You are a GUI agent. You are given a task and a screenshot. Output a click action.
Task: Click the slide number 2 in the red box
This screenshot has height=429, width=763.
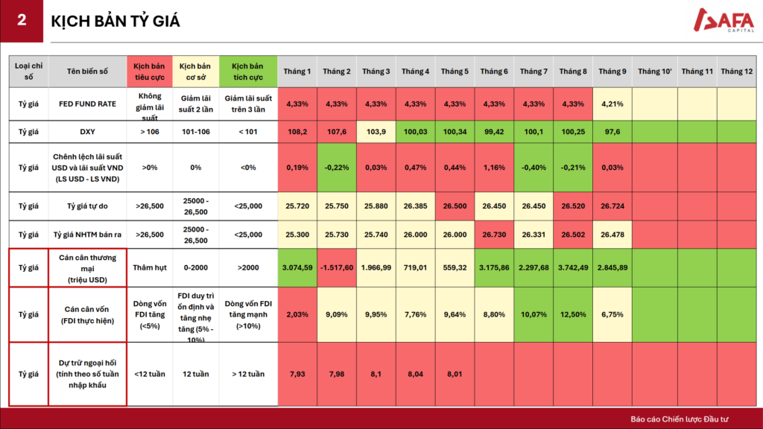(x=22, y=20)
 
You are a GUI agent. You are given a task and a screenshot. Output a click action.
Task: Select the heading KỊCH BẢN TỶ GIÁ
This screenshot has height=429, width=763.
(x=115, y=21)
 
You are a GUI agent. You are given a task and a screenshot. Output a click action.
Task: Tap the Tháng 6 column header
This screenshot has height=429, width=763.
(x=494, y=71)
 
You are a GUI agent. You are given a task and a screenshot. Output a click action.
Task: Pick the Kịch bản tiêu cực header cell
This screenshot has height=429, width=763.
(x=149, y=71)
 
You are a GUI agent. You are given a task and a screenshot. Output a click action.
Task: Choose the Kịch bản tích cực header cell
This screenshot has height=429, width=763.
(x=247, y=71)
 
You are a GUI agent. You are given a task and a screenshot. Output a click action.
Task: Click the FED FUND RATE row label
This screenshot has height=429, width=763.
(x=87, y=104)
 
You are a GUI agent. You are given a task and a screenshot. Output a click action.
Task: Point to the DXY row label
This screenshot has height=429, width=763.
(x=87, y=131)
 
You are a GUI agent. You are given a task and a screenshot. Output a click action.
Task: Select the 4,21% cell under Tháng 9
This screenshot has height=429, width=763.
(x=612, y=104)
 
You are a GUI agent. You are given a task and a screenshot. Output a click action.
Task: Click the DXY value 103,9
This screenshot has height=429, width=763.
(x=376, y=131)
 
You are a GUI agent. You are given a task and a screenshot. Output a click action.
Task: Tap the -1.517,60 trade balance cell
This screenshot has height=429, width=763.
(x=337, y=267)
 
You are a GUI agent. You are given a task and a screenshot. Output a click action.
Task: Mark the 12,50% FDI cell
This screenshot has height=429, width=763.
(x=573, y=314)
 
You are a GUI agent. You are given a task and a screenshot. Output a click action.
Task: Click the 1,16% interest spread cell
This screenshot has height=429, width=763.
(x=494, y=167)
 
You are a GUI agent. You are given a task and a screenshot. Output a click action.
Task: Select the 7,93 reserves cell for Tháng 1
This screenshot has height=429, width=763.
(x=297, y=373)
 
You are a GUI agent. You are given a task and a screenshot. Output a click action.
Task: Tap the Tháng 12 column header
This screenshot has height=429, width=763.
(x=737, y=71)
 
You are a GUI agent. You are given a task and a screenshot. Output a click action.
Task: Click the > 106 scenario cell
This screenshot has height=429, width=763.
(x=149, y=131)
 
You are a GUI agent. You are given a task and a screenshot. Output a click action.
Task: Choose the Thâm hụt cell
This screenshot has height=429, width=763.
(x=149, y=267)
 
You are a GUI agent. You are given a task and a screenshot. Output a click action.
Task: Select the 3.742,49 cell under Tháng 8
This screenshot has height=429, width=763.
(x=573, y=267)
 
